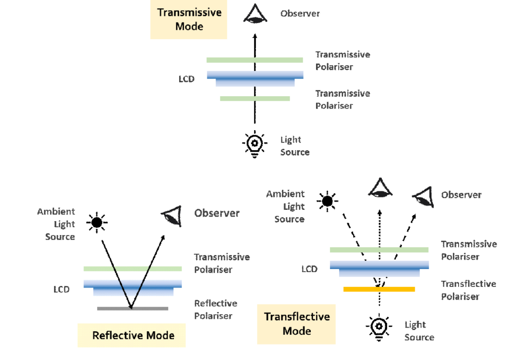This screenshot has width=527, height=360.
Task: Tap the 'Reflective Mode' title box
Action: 133,335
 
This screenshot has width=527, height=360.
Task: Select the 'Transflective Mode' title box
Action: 296,323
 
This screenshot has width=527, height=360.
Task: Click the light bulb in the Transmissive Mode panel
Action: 254,143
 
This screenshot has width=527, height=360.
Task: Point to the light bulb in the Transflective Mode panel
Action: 379,327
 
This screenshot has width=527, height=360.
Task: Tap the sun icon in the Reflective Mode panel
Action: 96,223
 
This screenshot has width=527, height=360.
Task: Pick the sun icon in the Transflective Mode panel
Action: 326,201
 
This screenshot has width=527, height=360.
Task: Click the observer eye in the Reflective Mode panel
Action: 171,217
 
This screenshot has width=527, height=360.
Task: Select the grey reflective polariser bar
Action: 133,309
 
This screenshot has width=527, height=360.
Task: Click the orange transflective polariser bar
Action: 379,289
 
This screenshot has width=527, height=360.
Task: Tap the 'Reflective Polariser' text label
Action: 216,310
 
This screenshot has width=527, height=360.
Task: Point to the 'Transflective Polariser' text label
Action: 468,290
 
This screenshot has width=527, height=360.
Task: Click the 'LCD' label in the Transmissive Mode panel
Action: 186,80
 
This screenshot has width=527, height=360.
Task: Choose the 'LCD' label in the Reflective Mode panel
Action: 61,290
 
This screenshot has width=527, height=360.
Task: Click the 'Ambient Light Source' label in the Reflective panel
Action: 56,224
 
